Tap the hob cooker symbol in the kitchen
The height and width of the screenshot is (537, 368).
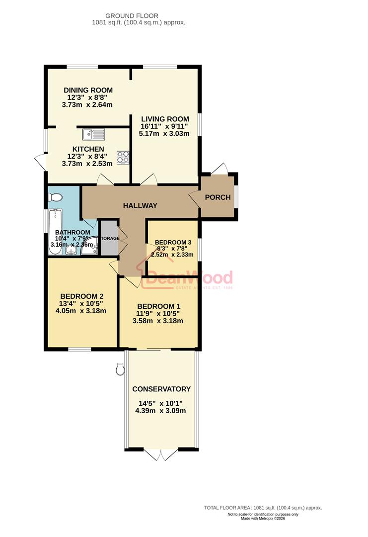(x=123, y=157)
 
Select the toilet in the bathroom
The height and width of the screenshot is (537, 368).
(x=54, y=198)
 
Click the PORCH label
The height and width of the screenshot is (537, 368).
(x=218, y=197)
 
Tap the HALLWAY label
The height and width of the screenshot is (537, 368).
(x=141, y=205)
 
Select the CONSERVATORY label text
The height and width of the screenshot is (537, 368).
(x=161, y=389)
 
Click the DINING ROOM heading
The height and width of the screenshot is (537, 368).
(x=88, y=90)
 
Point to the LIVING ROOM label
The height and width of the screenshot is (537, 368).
(x=165, y=119)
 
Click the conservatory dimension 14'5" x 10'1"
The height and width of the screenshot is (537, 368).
(x=160, y=403)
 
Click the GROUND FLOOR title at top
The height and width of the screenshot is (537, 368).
(x=139, y=15)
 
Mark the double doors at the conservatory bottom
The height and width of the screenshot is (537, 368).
(x=161, y=454)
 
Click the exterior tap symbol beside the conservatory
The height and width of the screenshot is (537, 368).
(x=120, y=368)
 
